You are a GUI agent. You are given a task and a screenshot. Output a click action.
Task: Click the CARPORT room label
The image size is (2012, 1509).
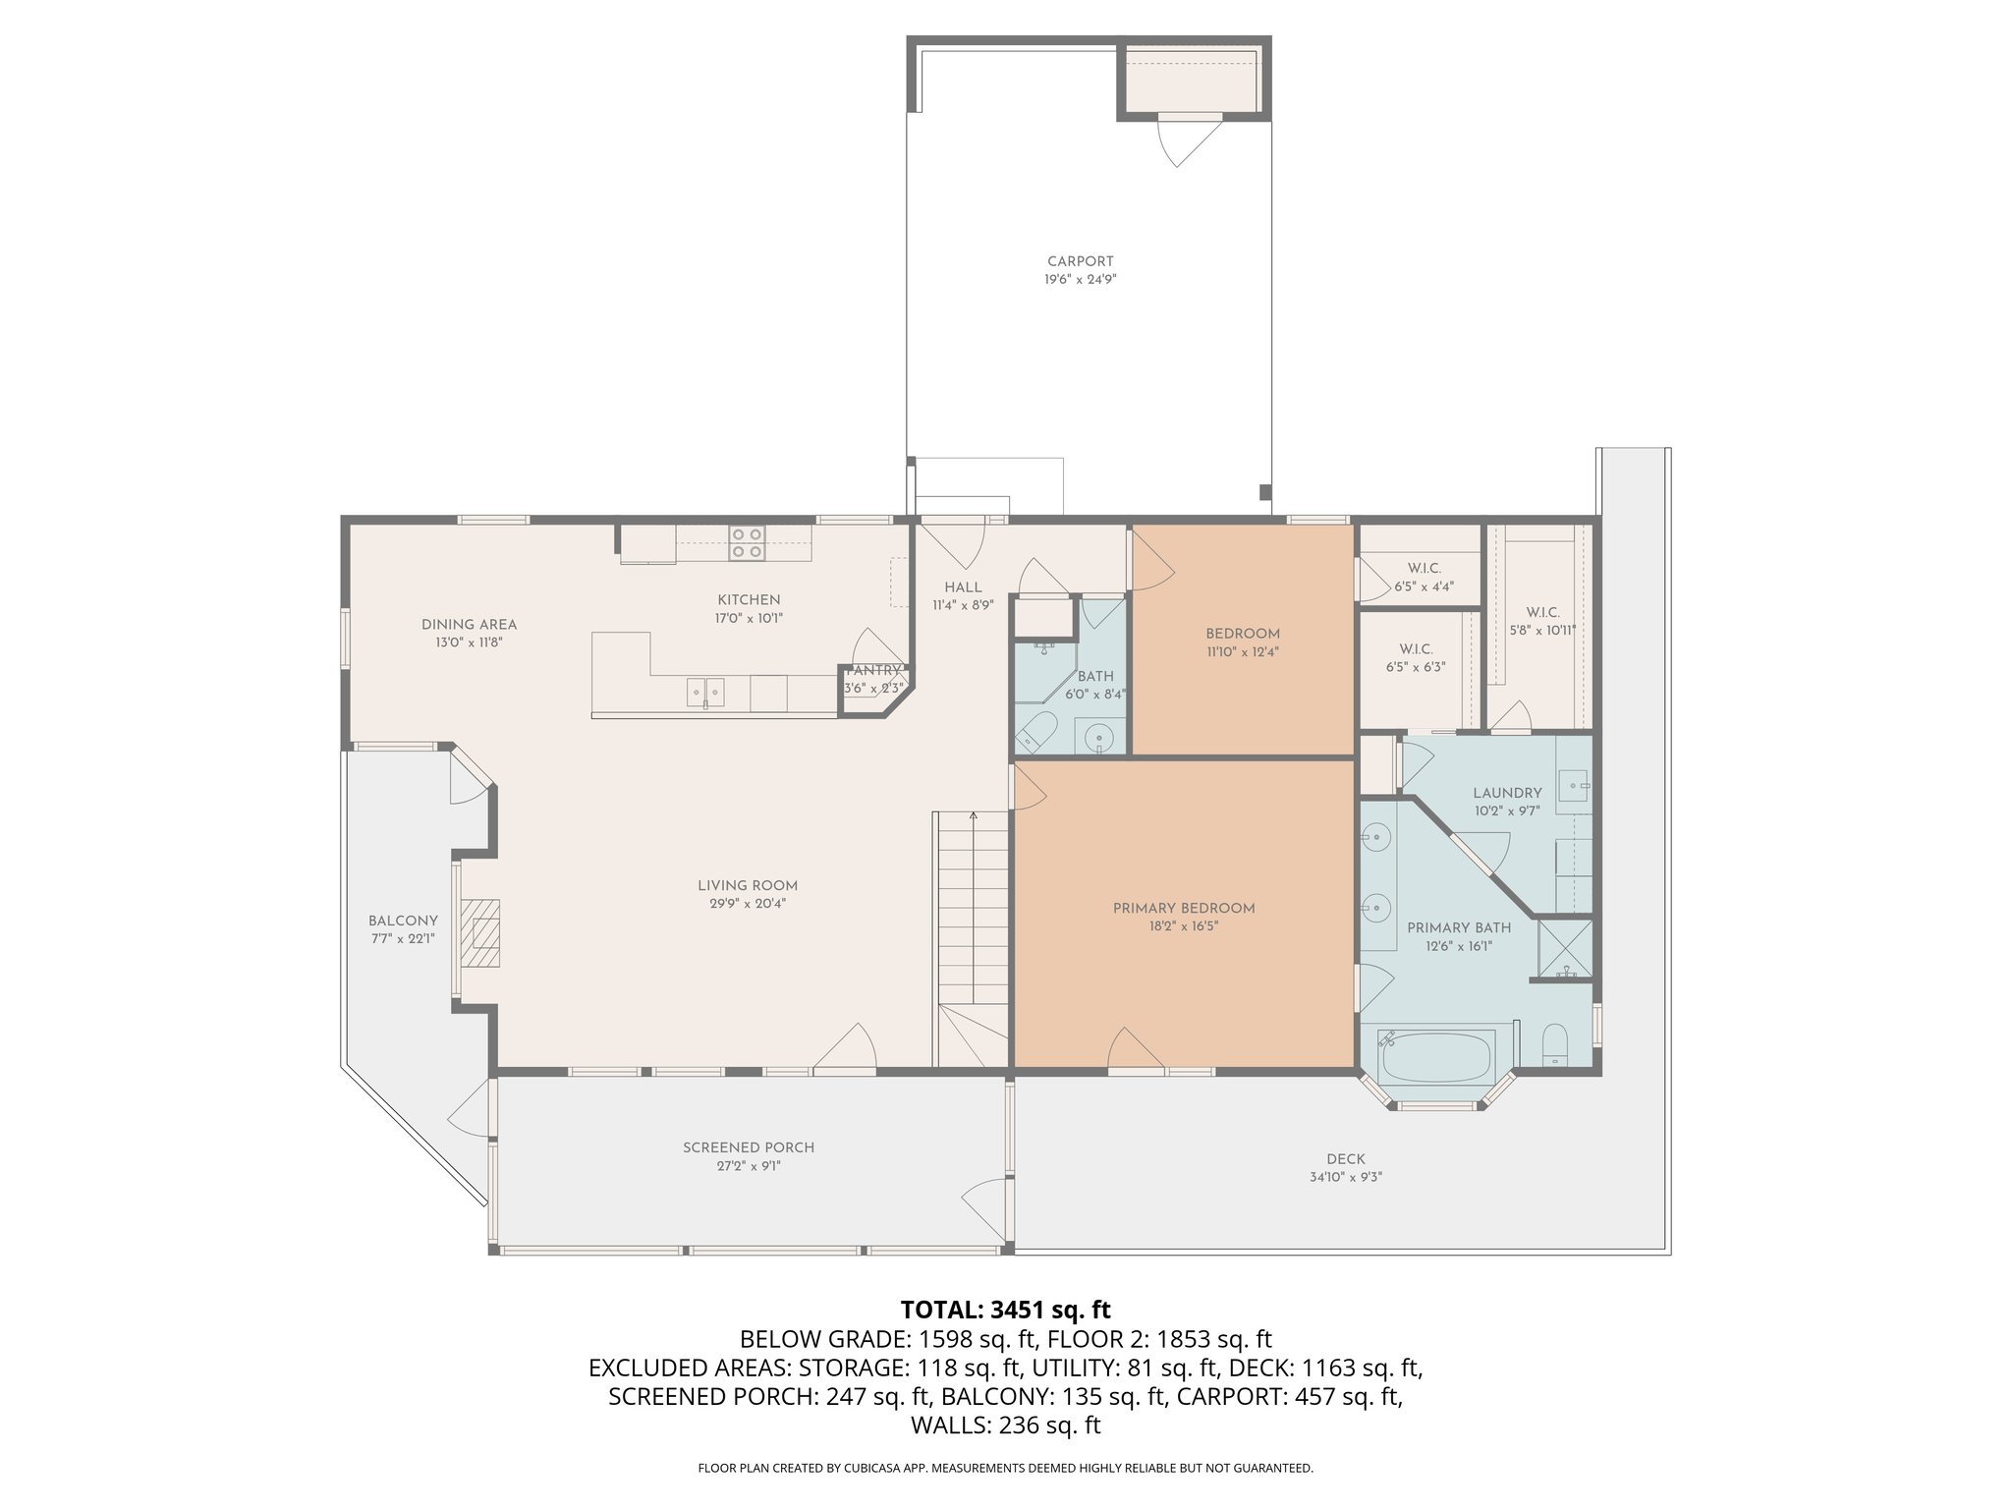click(1080, 261)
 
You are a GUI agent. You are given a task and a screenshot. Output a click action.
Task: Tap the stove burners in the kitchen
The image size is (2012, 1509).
click(747, 543)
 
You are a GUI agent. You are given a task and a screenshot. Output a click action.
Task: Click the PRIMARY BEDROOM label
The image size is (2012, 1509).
click(1183, 909)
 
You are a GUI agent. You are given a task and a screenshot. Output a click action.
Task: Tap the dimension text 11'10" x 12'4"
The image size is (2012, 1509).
click(1243, 651)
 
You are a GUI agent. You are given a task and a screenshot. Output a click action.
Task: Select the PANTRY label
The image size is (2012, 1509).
click(873, 671)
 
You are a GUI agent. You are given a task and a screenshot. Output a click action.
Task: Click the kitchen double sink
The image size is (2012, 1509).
click(705, 692)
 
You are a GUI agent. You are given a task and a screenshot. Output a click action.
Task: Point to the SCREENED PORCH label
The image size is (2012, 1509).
click(749, 1147)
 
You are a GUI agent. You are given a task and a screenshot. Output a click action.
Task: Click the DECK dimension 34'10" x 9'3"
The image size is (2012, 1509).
click(1345, 1177)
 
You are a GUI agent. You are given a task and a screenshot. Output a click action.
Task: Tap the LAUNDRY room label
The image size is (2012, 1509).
click(1507, 793)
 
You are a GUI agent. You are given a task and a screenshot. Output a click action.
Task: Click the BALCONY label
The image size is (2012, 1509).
click(403, 921)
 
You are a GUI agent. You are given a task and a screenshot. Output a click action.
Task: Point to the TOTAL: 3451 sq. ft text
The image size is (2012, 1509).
click(1005, 1310)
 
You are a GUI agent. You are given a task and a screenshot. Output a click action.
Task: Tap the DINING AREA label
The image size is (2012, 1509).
click(469, 624)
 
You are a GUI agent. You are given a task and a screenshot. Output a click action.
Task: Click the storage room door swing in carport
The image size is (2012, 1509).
click(1183, 143)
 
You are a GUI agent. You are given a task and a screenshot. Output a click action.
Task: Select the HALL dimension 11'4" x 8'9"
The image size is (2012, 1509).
click(963, 605)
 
